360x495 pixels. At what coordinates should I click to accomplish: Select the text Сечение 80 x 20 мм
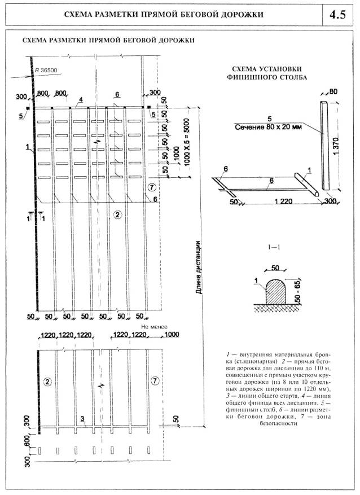tap(270, 128)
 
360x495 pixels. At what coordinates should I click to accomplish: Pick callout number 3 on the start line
tap(83, 418)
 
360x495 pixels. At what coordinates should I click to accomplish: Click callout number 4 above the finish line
tap(81, 99)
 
